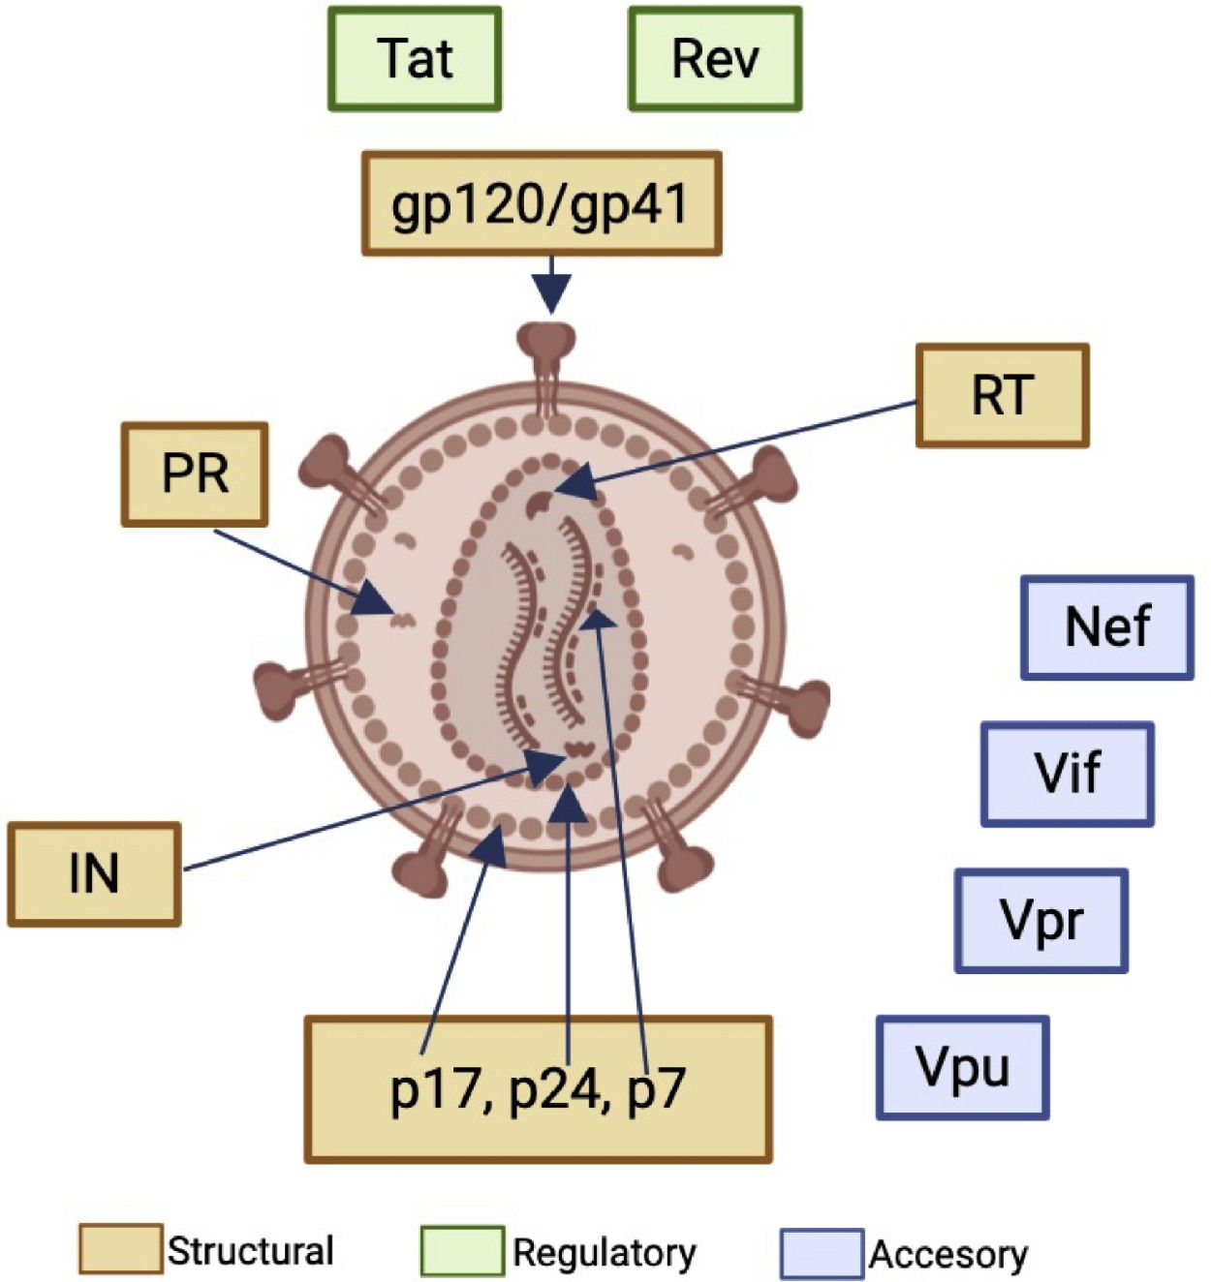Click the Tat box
[x=415, y=59]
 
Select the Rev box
[x=715, y=59]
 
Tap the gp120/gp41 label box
[x=542, y=203]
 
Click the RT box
[x=1002, y=395]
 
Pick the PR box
[x=195, y=474]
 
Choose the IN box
[x=94, y=874]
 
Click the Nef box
[x=1107, y=627]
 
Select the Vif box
[x=1067, y=774]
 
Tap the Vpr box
[x=1041, y=921]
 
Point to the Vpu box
[x=963, y=1067]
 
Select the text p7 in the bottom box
[x=656, y=1090]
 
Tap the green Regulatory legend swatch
[x=462, y=1251]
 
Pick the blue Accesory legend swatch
[x=822, y=1253]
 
